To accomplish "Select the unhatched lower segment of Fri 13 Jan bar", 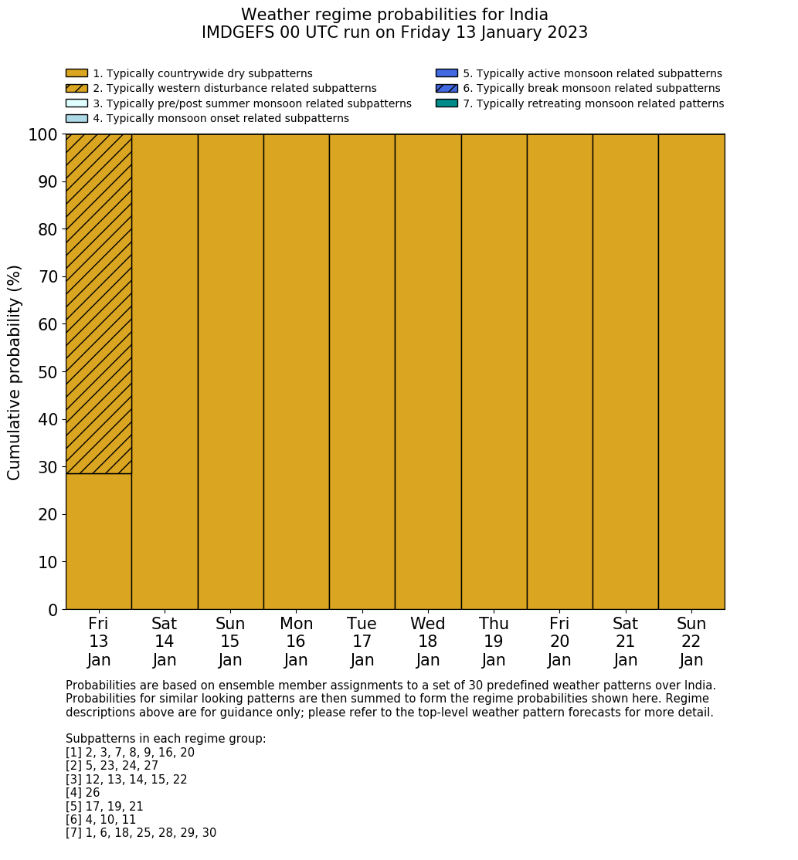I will pyautogui.click(x=98, y=541).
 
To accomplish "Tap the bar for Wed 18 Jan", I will pyautogui.click(x=428, y=371).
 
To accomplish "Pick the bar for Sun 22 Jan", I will pyautogui.click(x=691, y=371).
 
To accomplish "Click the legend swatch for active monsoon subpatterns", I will pyautogui.click(x=447, y=73).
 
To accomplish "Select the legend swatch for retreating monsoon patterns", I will pyautogui.click(x=447, y=103).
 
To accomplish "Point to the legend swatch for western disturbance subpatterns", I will pyautogui.click(x=76, y=89).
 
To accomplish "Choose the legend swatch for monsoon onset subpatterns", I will pyautogui.click(x=76, y=118).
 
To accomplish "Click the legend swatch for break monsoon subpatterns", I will pyautogui.click(x=447, y=89).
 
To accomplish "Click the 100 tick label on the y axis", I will pyautogui.click(x=43, y=135).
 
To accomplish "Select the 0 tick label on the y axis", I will pyautogui.click(x=53, y=611).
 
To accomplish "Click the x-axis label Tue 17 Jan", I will pyautogui.click(x=362, y=642).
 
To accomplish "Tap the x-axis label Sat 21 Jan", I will pyautogui.click(x=626, y=642).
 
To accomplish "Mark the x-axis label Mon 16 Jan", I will pyautogui.click(x=296, y=642).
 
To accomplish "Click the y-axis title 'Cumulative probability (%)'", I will pyautogui.click(x=15, y=372).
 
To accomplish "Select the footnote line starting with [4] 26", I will pyautogui.click(x=83, y=793).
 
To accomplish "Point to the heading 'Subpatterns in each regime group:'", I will pyautogui.click(x=165, y=739).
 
